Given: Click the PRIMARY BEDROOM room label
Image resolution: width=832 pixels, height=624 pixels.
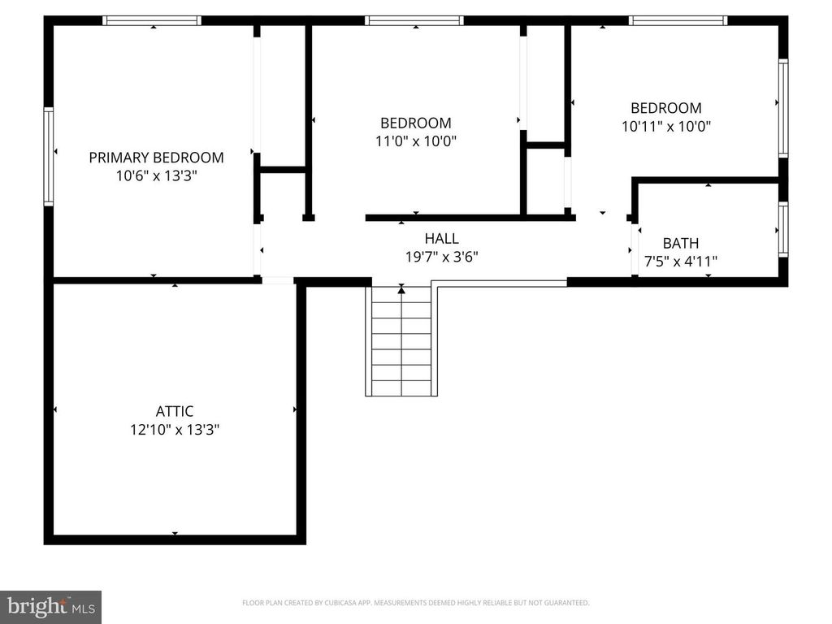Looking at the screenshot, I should [x=156, y=158].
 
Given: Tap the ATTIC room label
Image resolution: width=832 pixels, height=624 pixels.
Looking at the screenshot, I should [x=175, y=411].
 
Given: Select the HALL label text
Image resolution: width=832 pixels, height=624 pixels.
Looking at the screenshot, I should [x=441, y=238].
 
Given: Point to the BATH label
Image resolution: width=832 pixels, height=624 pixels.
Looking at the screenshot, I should [x=680, y=243].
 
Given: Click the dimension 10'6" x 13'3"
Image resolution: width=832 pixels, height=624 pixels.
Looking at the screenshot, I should [x=156, y=175].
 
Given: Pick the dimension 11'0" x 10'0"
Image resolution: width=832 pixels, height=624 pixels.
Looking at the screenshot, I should [x=415, y=141].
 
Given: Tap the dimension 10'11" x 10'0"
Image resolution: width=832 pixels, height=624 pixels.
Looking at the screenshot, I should [x=666, y=126].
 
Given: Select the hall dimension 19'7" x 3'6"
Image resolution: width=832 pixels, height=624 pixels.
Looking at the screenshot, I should [x=441, y=257].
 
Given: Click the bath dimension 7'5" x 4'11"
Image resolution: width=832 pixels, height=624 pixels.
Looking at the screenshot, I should [x=680, y=261].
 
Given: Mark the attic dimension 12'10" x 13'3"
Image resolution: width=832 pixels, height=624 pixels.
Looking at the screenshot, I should [x=175, y=430].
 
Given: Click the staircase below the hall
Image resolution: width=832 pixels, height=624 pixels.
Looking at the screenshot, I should [x=401, y=341].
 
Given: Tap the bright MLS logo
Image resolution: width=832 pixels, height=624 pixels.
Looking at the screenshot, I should [x=50, y=606].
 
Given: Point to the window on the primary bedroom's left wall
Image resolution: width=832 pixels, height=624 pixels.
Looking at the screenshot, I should [x=49, y=155].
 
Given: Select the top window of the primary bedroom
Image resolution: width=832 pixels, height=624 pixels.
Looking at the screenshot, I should [x=152, y=20].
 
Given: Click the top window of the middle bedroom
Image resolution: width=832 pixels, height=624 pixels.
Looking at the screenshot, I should [x=414, y=20].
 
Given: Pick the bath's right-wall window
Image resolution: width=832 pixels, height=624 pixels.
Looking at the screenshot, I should [x=783, y=228].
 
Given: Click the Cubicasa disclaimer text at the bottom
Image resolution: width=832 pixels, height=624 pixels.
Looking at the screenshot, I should [x=415, y=603].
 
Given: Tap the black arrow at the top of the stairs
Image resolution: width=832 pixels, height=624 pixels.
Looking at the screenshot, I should [x=401, y=288].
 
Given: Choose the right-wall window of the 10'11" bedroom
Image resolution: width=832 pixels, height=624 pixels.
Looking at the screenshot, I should [x=783, y=106].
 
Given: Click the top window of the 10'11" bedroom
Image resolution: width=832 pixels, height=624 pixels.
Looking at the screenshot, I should [x=678, y=20].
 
